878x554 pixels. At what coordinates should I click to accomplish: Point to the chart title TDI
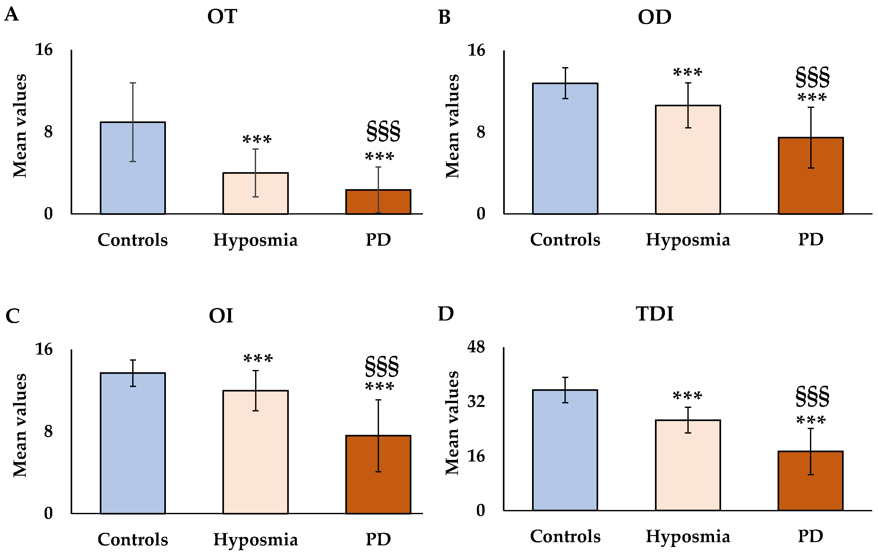(x=655, y=314)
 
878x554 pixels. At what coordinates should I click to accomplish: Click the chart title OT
(x=222, y=17)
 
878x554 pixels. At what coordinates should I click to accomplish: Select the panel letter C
(x=13, y=316)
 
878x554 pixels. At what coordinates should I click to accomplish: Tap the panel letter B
(x=444, y=18)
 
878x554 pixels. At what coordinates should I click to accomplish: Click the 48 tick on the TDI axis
(x=476, y=347)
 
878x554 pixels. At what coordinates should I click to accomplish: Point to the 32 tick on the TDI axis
(x=476, y=401)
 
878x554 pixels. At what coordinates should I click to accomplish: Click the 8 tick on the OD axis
(x=481, y=132)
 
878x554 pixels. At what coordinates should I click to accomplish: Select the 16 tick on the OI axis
(x=44, y=349)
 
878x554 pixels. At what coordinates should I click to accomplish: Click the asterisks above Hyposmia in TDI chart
(x=687, y=396)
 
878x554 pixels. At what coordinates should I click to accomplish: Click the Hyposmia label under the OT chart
(x=255, y=240)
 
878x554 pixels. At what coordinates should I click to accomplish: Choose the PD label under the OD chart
(x=811, y=240)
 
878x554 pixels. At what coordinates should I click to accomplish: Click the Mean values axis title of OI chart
(x=20, y=425)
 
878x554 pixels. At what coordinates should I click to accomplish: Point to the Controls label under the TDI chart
(x=565, y=536)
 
